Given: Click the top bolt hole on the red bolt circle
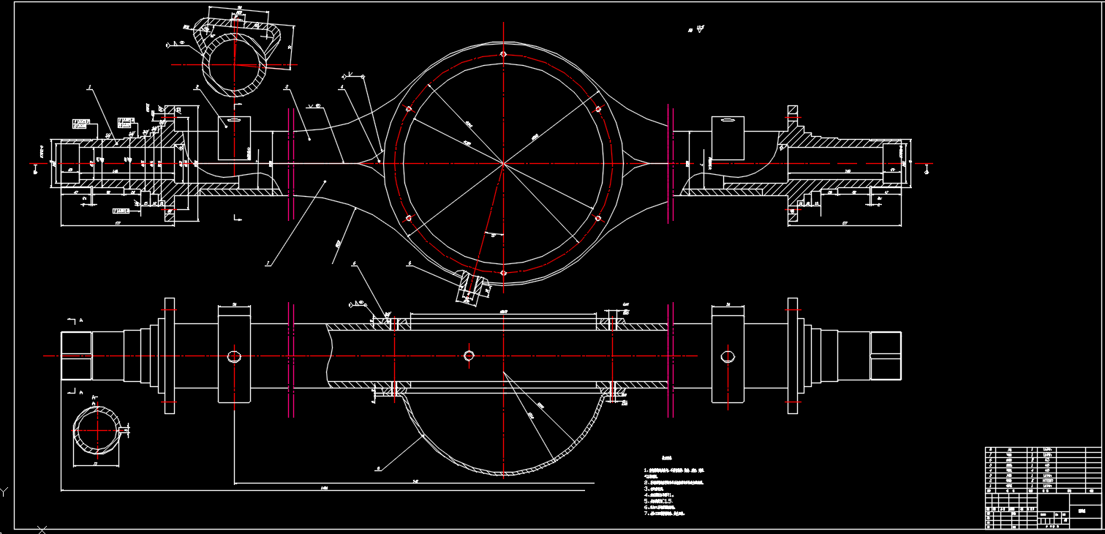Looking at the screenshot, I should click(x=503, y=53).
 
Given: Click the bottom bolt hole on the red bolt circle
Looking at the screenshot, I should click(x=503, y=273).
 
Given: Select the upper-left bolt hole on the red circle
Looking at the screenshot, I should click(x=408, y=109).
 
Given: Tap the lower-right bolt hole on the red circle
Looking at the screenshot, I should click(x=598, y=218).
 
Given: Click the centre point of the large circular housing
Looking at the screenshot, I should click(x=503, y=163).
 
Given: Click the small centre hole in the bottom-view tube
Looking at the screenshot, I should click(x=469, y=356).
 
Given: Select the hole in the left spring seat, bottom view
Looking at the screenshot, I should click(x=234, y=356).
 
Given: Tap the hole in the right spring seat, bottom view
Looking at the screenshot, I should click(x=728, y=356).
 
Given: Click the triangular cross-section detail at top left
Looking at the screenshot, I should click(x=236, y=55).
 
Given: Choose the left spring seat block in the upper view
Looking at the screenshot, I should click(x=234, y=138).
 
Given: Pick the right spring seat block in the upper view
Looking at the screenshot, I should click(x=728, y=138).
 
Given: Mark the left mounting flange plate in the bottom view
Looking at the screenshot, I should click(x=170, y=356).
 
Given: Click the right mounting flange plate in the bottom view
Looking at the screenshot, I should click(x=793, y=356).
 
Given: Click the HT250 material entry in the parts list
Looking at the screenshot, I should click(x=1047, y=481).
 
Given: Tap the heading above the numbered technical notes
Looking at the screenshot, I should click(x=666, y=459).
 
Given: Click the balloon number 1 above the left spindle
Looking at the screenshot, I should click(x=88, y=88).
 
